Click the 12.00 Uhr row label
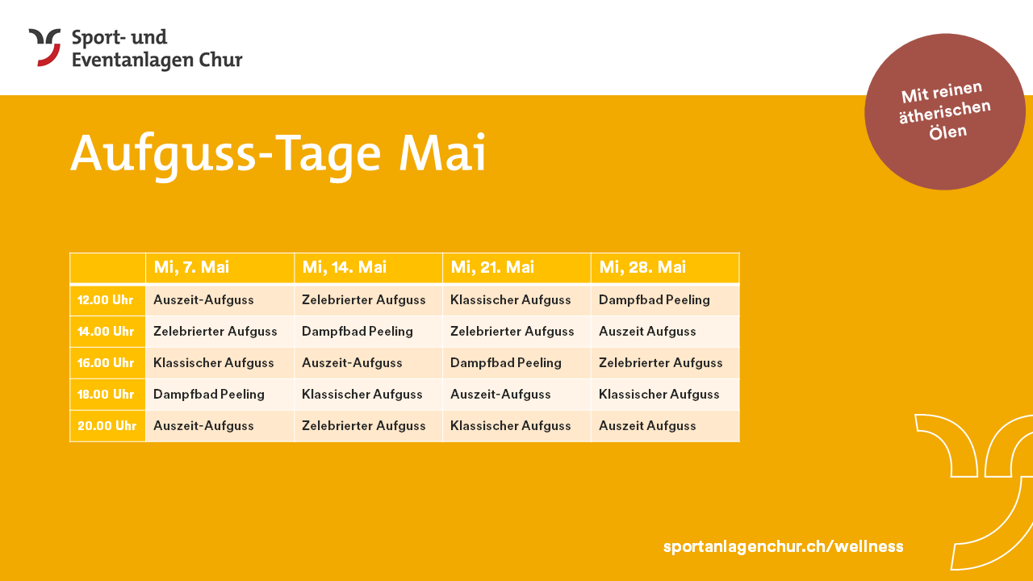pos(105,300)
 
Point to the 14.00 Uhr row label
pos(106,332)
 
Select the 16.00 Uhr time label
pos(106,363)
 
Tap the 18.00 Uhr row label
pos(106,395)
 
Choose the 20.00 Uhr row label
pos(107,425)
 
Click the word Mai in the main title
pos(442,153)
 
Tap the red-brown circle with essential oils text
pos(945,111)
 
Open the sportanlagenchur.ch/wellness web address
pos(783,546)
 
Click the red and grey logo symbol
pos(44,48)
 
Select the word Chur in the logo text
pos(220,60)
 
